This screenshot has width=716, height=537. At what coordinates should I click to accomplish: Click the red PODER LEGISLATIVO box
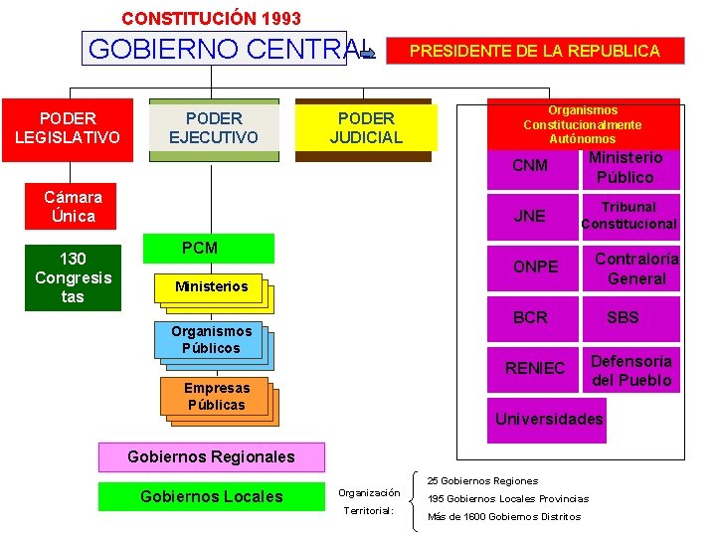point(68,129)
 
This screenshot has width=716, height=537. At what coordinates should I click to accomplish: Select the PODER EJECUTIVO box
point(214,128)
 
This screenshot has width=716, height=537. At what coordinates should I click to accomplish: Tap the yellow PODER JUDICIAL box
point(366,128)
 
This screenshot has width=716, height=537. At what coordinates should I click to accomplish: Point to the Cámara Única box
point(72,206)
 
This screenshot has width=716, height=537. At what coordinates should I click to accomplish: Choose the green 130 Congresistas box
point(73,277)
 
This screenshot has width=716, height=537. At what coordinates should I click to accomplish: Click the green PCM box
point(209,249)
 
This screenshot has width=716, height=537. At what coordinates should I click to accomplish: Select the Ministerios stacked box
point(211,287)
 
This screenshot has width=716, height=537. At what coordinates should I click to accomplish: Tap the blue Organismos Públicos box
point(211,340)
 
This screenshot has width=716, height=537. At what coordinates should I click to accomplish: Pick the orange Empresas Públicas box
point(216,397)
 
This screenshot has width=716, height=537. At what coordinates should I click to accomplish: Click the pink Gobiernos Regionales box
point(212,456)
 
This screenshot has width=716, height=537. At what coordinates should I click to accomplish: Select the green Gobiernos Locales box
point(212,496)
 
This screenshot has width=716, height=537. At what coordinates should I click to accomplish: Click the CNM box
point(529,165)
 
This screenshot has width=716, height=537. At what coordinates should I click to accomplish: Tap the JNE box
point(529,216)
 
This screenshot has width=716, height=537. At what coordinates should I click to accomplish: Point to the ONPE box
point(534,267)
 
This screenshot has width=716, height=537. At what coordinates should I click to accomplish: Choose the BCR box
point(530,317)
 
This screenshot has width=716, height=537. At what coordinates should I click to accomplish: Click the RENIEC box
point(534,368)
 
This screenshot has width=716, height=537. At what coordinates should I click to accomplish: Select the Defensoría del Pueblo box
point(631,370)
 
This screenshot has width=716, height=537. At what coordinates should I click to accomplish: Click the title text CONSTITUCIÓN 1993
point(211,18)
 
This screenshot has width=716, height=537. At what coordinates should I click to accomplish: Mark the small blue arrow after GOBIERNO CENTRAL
point(365,54)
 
